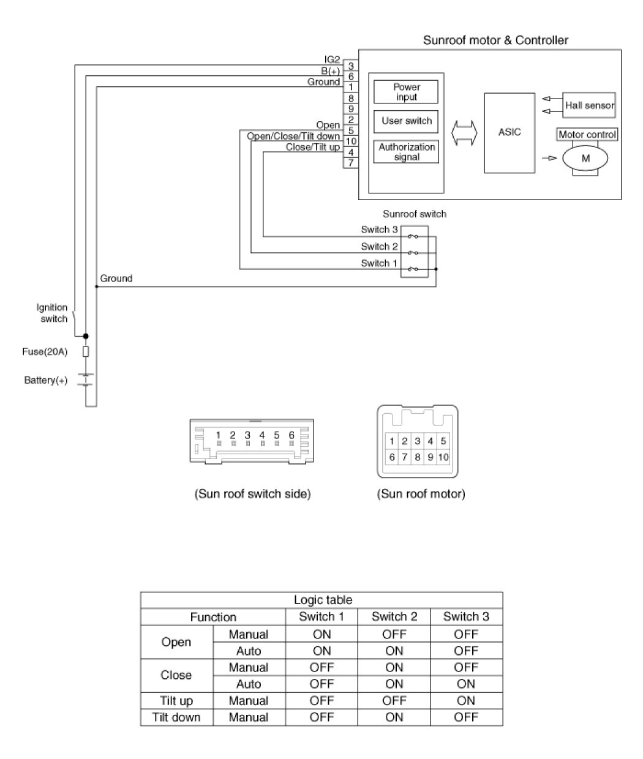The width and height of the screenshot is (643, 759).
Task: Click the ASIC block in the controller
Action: click(510, 133)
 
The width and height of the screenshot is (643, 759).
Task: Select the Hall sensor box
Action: click(588, 105)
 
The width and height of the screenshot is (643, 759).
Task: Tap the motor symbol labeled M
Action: click(585, 159)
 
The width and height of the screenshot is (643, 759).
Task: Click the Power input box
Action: click(406, 92)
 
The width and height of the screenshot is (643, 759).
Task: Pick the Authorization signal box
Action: click(406, 152)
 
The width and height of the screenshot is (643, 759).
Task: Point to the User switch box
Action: click(406, 122)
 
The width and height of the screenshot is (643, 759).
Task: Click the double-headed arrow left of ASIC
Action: click(464, 133)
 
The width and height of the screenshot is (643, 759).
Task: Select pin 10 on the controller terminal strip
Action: click(351, 141)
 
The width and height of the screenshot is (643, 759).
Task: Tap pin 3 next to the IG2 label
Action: click(351, 65)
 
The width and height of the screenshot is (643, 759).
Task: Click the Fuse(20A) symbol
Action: click(86, 351)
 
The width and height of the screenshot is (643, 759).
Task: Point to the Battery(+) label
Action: click(46, 380)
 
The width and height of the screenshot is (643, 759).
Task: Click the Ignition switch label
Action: click(52, 313)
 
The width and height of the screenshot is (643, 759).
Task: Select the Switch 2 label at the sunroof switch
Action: click(379, 247)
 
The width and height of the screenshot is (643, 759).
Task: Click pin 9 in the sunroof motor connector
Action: click(431, 457)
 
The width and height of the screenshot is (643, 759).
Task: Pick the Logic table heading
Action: click(323, 600)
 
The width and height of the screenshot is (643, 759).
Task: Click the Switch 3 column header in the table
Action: click(466, 616)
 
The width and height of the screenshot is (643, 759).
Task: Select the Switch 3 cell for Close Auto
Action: click(466, 684)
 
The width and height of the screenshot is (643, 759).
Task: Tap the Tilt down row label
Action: click(176, 717)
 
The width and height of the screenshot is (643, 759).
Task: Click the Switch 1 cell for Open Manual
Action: click(321, 634)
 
